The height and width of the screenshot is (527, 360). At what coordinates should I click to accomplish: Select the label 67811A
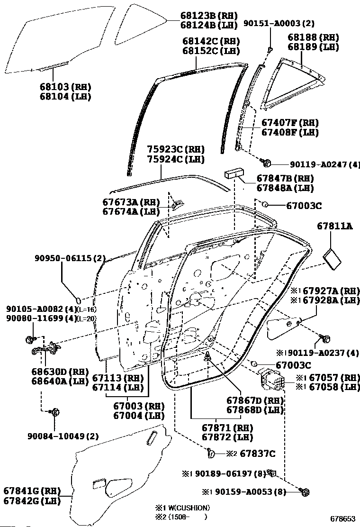pos(334,227)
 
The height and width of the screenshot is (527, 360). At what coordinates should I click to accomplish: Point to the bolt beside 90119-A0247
pos(267,164)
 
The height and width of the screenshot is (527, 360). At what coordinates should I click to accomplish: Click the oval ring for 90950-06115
pos(80,300)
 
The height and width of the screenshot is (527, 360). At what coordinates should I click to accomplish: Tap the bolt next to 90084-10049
pos(55,412)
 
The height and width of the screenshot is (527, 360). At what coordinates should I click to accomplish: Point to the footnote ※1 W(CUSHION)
pos(183,508)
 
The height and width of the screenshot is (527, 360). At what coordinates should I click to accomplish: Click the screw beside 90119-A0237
pos(325,338)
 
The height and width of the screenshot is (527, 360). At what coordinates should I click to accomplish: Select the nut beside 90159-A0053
pos(305,492)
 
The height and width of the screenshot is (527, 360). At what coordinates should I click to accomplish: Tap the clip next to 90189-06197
pos(272,472)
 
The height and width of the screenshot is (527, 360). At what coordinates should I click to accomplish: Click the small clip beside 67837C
pos(211,453)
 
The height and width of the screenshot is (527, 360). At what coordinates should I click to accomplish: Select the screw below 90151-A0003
pos(270,49)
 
